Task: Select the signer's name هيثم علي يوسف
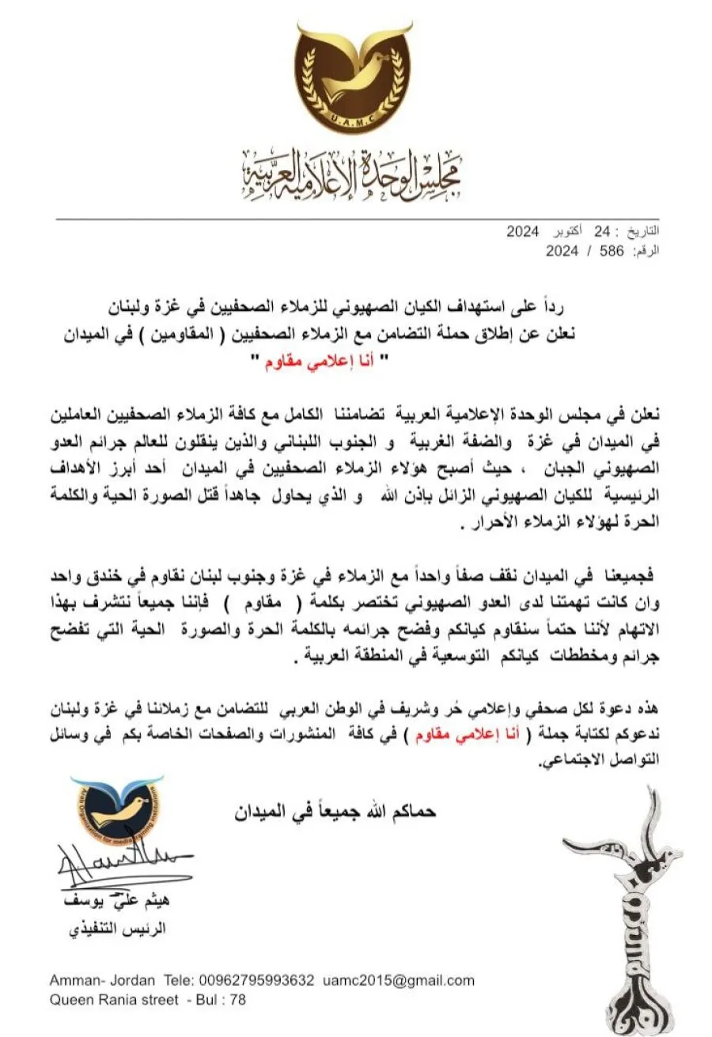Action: pyautogui.click(x=129, y=901)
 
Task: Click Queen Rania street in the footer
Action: pyautogui.click(x=114, y=1000)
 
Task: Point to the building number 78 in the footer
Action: pyautogui.click(x=237, y=1000)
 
